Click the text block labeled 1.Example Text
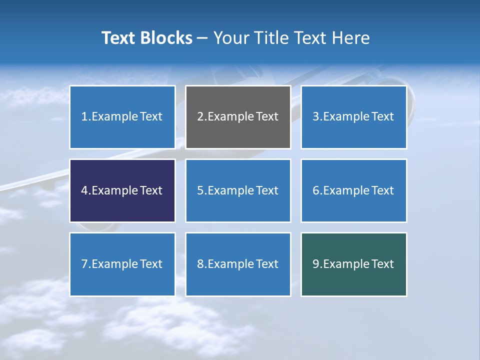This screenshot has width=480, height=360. tap(122, 117)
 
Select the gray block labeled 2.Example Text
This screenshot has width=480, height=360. tap(238, 117)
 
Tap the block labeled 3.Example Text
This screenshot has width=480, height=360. tap(353, 117)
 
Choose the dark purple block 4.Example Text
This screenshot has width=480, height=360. tap(122, 190)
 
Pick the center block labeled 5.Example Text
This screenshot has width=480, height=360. tap(238, 190)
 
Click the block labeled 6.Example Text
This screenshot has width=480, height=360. tap(353, 190)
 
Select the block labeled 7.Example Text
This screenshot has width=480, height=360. tap(122, 264)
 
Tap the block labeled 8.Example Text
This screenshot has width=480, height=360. tap(238, 264)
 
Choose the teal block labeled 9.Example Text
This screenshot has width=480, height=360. tap(353, 264)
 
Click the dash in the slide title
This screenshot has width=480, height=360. tap(202, 38)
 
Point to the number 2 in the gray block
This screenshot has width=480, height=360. tap(200, 117)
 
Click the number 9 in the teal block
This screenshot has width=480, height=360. tap(316, 264)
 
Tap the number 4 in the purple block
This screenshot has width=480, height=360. tap(84, 190)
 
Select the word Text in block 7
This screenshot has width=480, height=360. tap(151, 264)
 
